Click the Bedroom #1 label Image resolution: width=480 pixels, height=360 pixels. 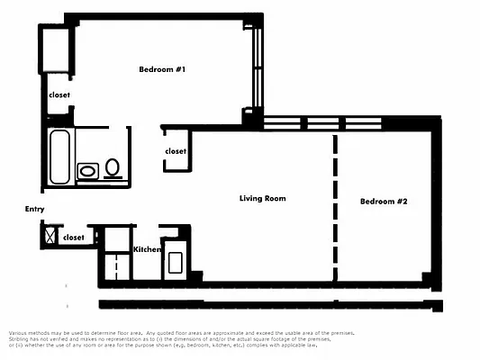click(x=162, y=69)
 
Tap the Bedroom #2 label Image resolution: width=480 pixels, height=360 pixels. click(x=384, y=202)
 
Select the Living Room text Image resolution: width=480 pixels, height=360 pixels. click(x=262, y=198)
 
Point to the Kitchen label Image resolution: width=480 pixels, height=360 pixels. click(x=147, y=249)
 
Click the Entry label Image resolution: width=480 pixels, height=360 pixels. click(x=34, y=209)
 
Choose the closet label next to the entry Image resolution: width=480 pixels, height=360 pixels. click(x=74, y=238)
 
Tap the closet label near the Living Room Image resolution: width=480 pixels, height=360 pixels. click(x=176, y=151)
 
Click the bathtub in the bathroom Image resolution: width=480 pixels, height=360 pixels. click(x=59, y=157)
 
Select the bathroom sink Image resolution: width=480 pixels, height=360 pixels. click(x=88, y=170)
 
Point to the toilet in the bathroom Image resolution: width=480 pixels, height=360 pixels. click(x=113, y=167)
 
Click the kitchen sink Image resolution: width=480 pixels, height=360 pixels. click(x=176, y=263)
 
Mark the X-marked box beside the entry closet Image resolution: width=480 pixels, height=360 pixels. click(x=49, y=237)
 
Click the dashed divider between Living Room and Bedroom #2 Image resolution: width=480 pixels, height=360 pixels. click(x=335, y=207)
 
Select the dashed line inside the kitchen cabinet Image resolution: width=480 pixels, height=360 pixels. click(x=115, y=266)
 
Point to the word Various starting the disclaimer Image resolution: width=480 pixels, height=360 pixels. click(x=20, y=332)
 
